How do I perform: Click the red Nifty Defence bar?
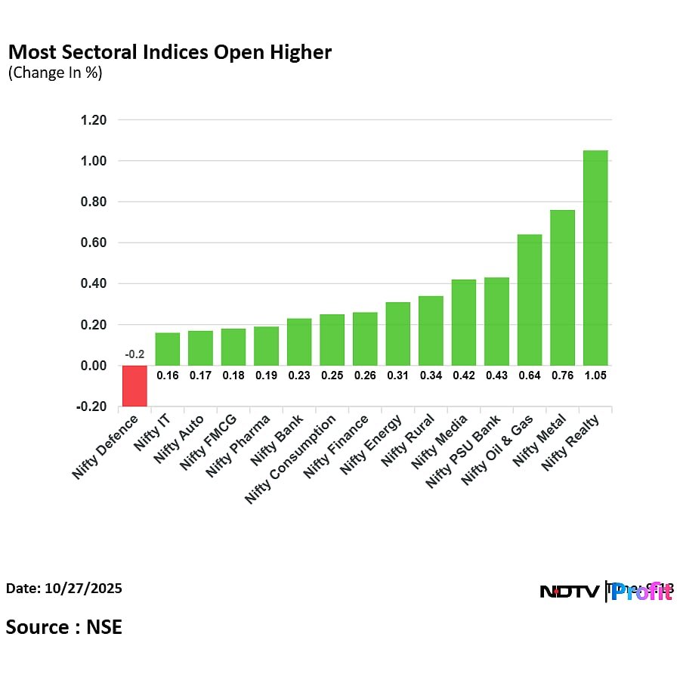135,385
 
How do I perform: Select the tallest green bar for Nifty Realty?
595,258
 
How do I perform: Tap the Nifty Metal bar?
562,288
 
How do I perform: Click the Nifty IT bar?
168,349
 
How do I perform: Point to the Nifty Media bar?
464,323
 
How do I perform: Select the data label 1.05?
595,375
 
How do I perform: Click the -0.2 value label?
135,355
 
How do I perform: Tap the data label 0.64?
530,375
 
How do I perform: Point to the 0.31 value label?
398,375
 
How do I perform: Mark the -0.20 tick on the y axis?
91,406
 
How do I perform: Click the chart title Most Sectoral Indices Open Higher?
169,52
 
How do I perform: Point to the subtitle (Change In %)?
54,73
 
